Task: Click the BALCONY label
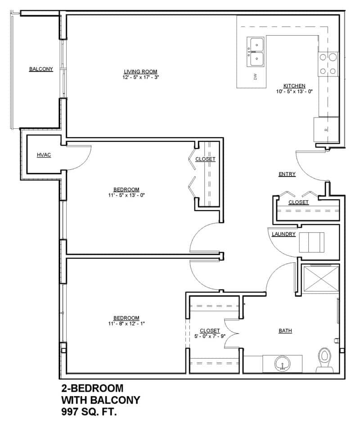pyautogui.click(x=41, y=69)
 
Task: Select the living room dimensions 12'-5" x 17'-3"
pyautogui.click(x=141, y=77)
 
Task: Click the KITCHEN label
pyautogui.click(x=294, y=86)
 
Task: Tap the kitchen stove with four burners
pyautogui.click(x=328, y=64)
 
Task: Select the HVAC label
pyautogui.click(x=44, y=155)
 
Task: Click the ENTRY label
pyautogui.click(x=287, y=174)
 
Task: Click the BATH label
pyautogui.click(x=285, y=331)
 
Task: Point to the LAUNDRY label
pyautogui.click(x=283, y=234)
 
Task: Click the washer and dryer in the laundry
pyautogui.click(x=312, y=242)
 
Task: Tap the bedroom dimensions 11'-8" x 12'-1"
pyautogui.click(x=126, y=323)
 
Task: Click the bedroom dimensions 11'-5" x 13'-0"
pyautogui.click(x=126, y=195)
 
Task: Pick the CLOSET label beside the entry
pyautogui.click(x=298, y=203)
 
